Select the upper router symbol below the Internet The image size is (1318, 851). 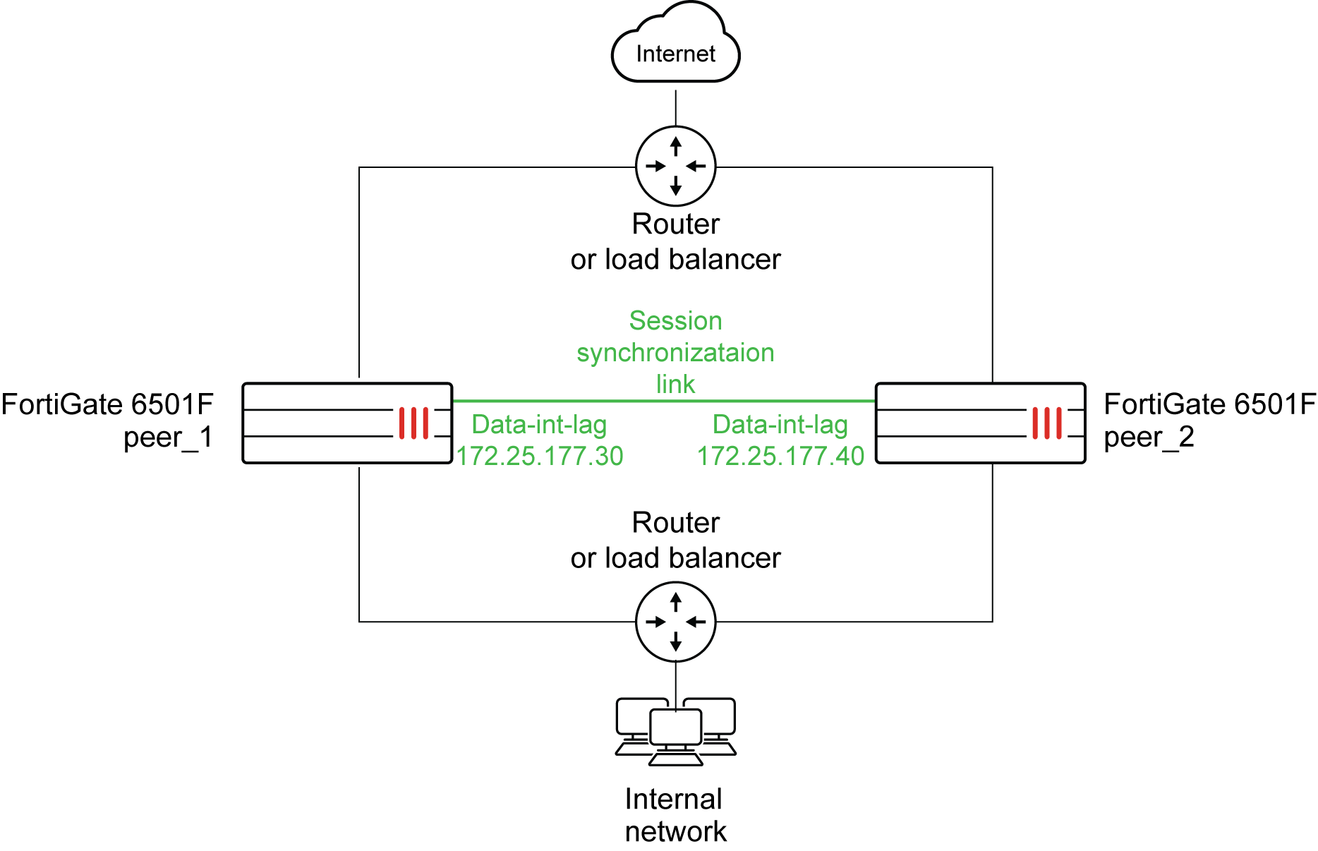[x=675, y=167]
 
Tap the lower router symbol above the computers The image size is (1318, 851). [x=675, y=622]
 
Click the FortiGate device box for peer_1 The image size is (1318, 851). [x=346, y=423]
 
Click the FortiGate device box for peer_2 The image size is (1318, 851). [x=980, y=423]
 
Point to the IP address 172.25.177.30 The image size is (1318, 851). [x=540, y=456]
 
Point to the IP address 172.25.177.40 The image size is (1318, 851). [x=780, y=456]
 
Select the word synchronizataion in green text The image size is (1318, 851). [x=675, y=352]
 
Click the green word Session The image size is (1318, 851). [x=675, y=320]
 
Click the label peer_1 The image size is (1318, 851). [x=168, y=437]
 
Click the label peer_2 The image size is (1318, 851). [x=1149, y=437]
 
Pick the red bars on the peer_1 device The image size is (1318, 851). [x=413, y=423]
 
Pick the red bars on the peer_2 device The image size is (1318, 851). [x=1047, y=423]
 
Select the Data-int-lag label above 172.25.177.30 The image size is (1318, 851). [x=539, y=424]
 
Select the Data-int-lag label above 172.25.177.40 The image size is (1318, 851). [x=780, y=424]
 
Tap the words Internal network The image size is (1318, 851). [x=675, y=815]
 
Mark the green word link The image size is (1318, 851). [x=675, y=384]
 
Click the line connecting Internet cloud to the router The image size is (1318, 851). [x=675, y=107]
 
